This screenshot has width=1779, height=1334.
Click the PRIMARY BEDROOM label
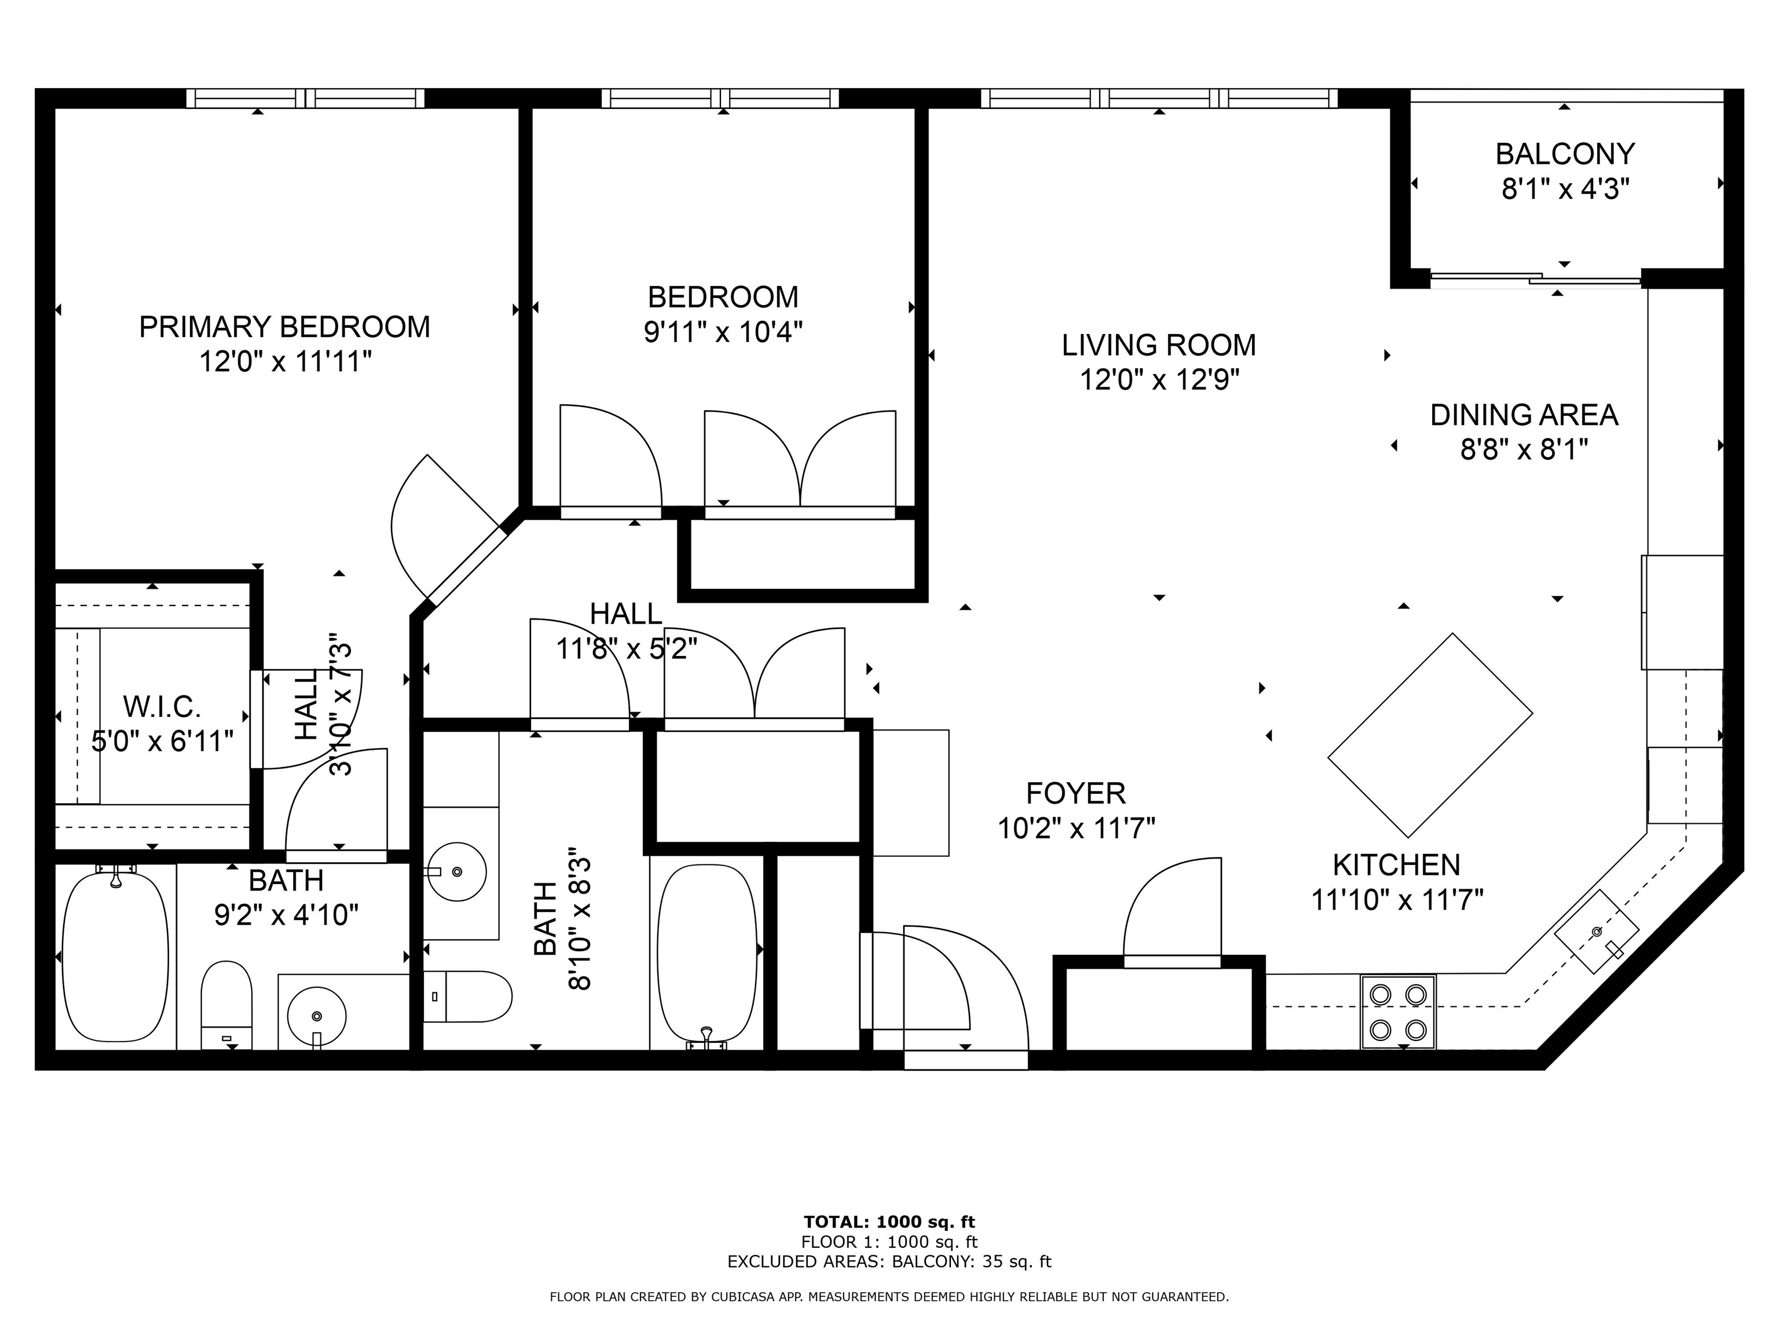click(x=285, y=327)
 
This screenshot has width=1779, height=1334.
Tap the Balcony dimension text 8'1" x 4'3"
click(x=1565, y=190)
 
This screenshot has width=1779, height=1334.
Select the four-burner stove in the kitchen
click(x=1398, y=1012)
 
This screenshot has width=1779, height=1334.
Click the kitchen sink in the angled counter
click(x=1595, y=932)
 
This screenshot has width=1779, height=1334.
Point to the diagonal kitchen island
click(x=1429, y=735)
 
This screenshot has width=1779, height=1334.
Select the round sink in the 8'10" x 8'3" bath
click(x=456, y=871)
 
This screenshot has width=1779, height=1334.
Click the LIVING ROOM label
click(x=1158, y=345)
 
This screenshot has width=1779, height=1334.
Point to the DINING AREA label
click(x=1523, y=415)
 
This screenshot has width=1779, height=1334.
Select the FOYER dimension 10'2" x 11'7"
click(x=1076, y=828)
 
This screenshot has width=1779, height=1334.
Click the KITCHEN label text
click(x=1396, y=865)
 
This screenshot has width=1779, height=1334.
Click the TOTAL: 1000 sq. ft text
click(x=889, y=1223)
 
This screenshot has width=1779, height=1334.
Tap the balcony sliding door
click(x=1535, y=279)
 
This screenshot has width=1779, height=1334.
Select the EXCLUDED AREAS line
click(x=889, y=1262)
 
